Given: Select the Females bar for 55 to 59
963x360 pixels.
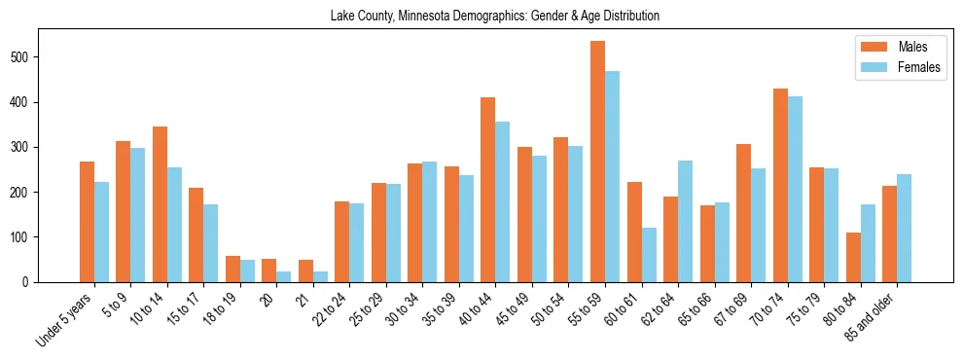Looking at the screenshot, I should [x=612, y=176].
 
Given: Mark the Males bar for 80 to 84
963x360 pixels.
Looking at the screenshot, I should [x=853, y=257].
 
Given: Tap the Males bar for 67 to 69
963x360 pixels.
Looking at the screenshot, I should [x=743, y=213].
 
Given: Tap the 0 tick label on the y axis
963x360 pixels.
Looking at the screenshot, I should [x=32, y=282].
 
